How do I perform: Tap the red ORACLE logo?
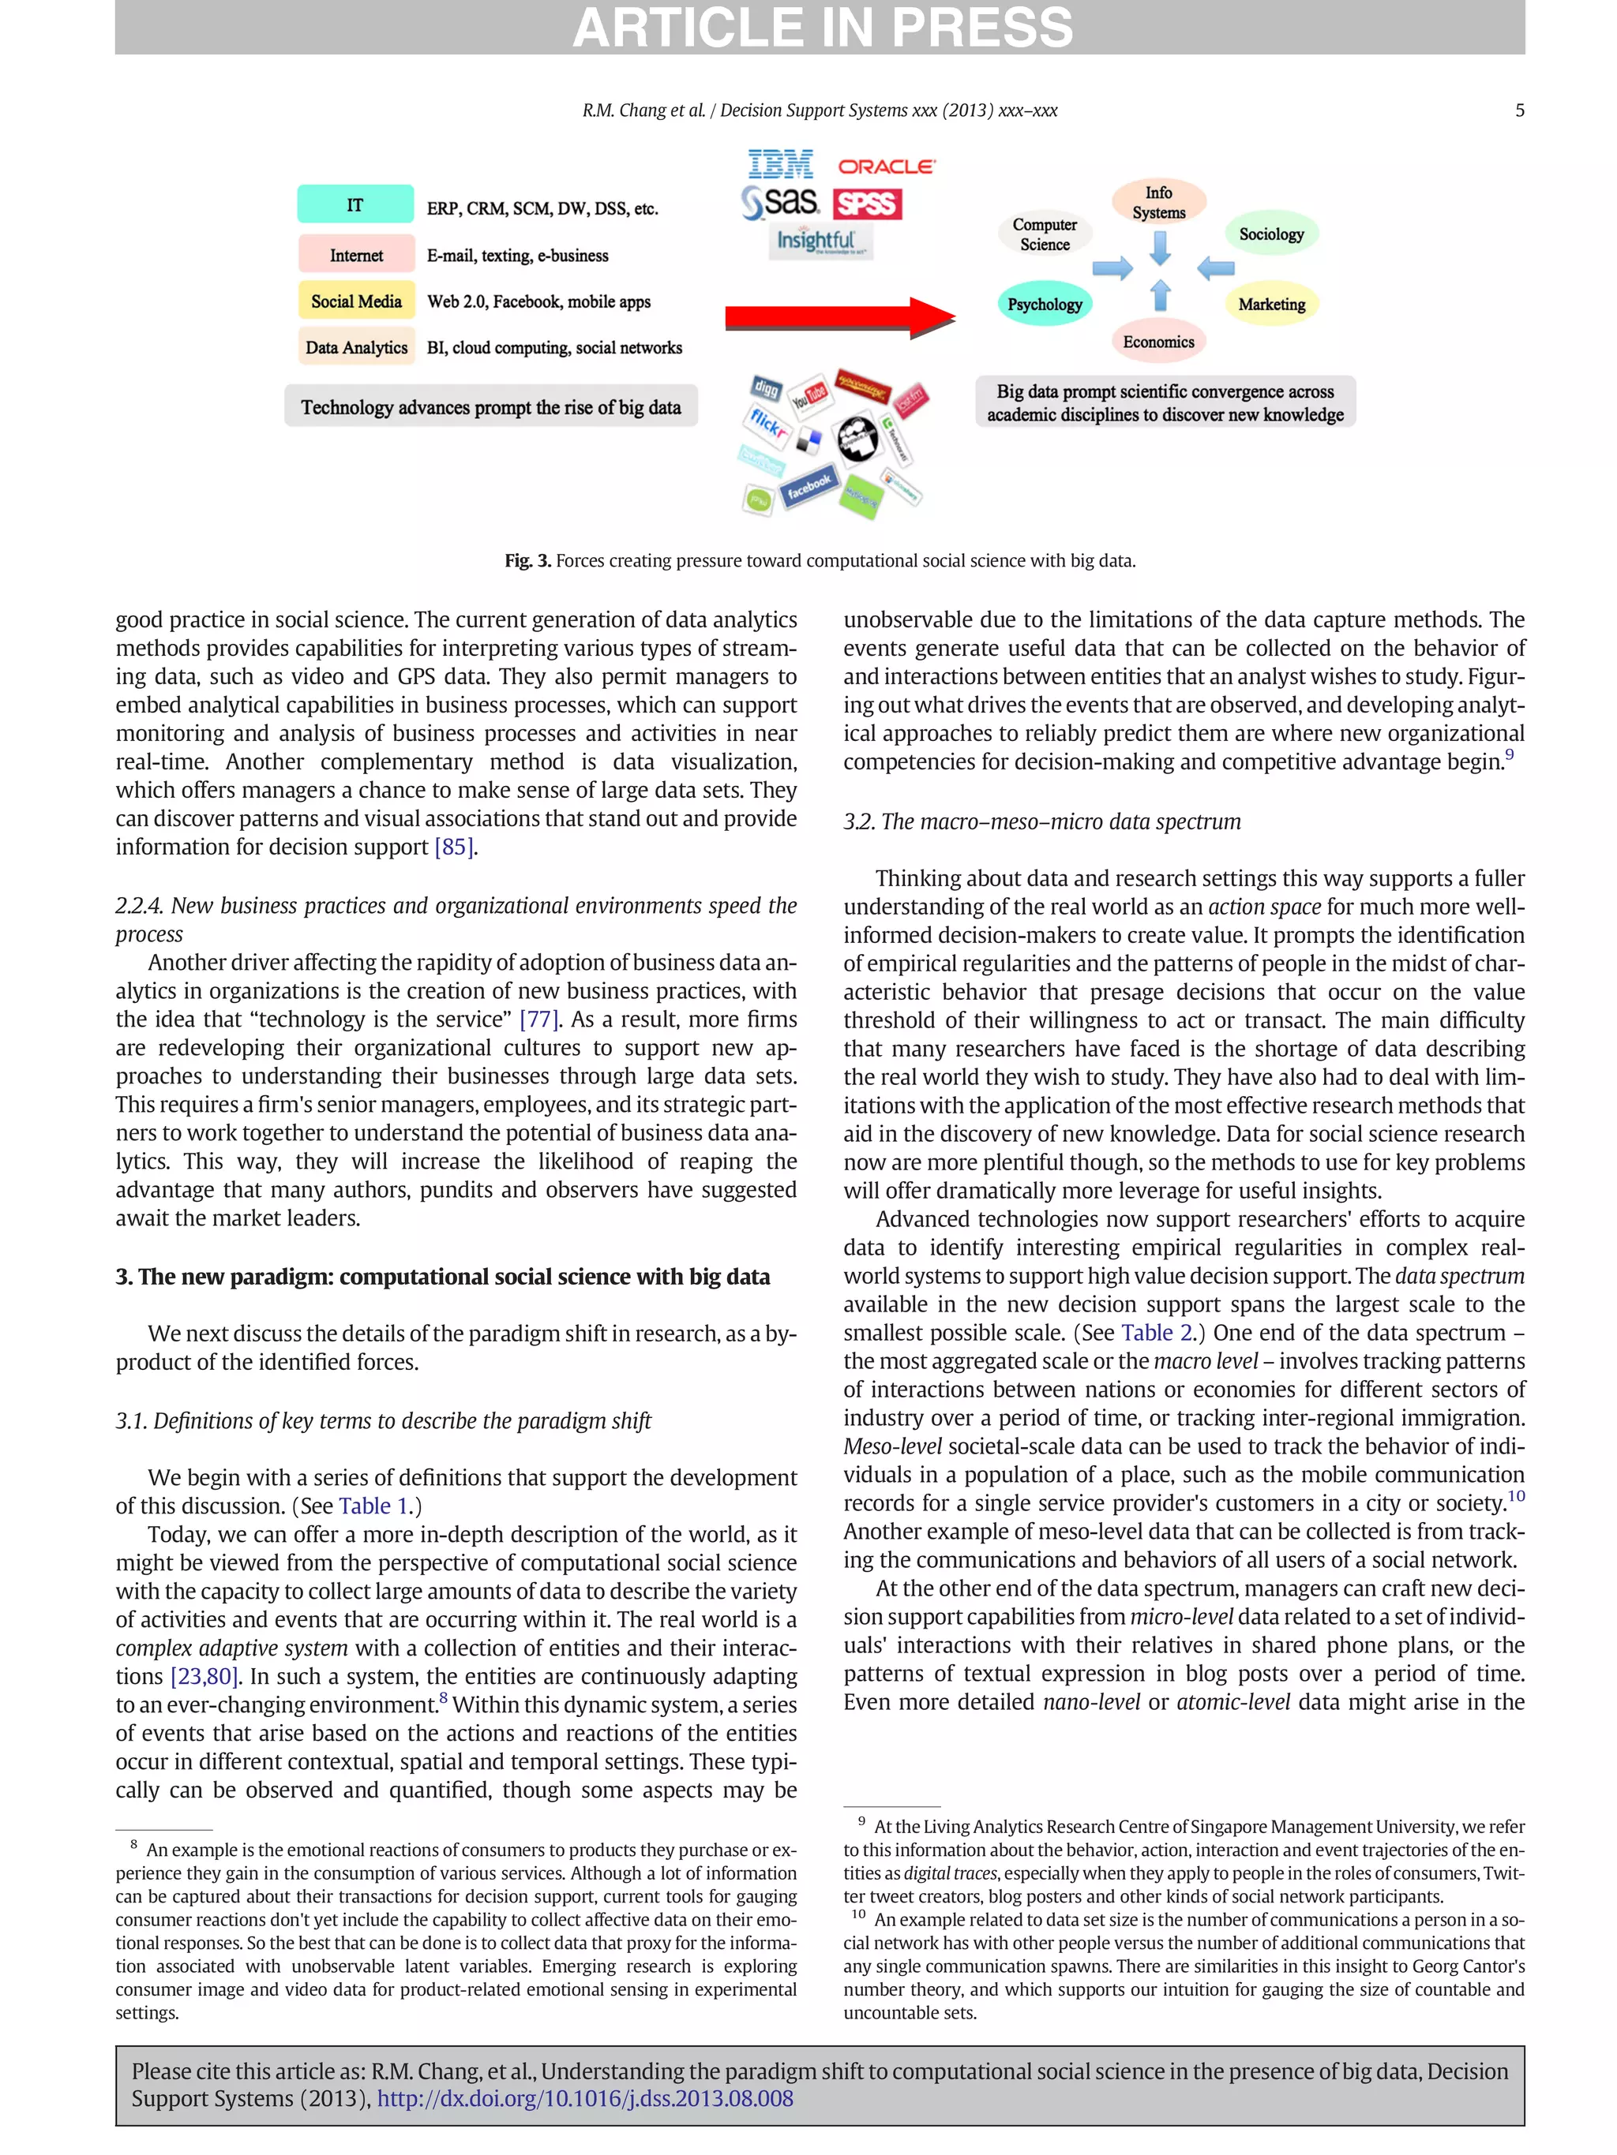pyautogui.click(x=885, y=166)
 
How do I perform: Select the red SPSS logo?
pyautogui.click(x=866, y=204)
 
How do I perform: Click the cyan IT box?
pyautogui.click(x=355, y=204)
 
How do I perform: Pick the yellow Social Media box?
pyautogui.click(x=356, y=301)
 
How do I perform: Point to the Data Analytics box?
pyautogui.click(x=356, y=348)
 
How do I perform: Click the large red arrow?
pyautogui.click(x=839, y=316)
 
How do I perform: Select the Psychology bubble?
pyautogui.click(x=1044, y=304)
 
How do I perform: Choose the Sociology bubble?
pyautogui.click(x=1270, y=234)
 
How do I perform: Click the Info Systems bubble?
pyautogui.click(x=1158, y=202)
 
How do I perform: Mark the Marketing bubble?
pyautogui.click(x=1270, y=304)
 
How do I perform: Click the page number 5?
pyautogui.click(x=1518, y=110)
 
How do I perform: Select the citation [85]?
pyautogui.click(x=454, y=847)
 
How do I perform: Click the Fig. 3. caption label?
pyautogui.click(x=527, y=560)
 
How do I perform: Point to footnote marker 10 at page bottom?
pyautogui.click(x=857, y=1914)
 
